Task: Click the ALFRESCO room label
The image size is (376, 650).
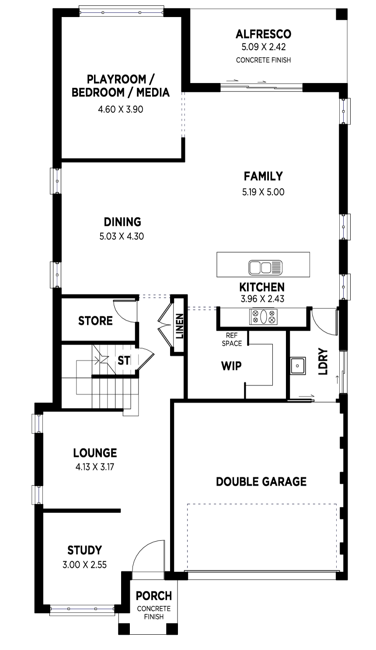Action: pos(263,34)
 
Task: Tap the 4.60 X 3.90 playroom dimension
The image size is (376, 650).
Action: pos(121,109)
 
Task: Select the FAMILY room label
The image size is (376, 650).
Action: pos(263,176)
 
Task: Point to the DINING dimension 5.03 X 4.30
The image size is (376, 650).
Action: pos(122,237)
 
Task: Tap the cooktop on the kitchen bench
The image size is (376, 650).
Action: pos(263,317)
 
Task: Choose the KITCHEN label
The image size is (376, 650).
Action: pos(262,287)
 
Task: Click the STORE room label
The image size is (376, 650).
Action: pos(95,321)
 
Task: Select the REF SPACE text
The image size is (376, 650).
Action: pos(231,339)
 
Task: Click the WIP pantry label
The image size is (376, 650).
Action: pos(231,366)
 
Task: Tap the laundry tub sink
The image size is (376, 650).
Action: pos(298,365)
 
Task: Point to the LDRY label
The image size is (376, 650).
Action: pos(323,362)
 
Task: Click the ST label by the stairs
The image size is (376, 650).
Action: pos(124,361)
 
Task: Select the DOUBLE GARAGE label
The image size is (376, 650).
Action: pos(261,481)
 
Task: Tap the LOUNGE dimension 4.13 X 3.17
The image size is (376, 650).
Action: pos(95,467)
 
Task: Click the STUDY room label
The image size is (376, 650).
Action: pos(84,550)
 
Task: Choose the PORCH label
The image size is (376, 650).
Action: pos(153,596)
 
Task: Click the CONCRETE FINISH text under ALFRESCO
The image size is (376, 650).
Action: pos(263,60)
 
